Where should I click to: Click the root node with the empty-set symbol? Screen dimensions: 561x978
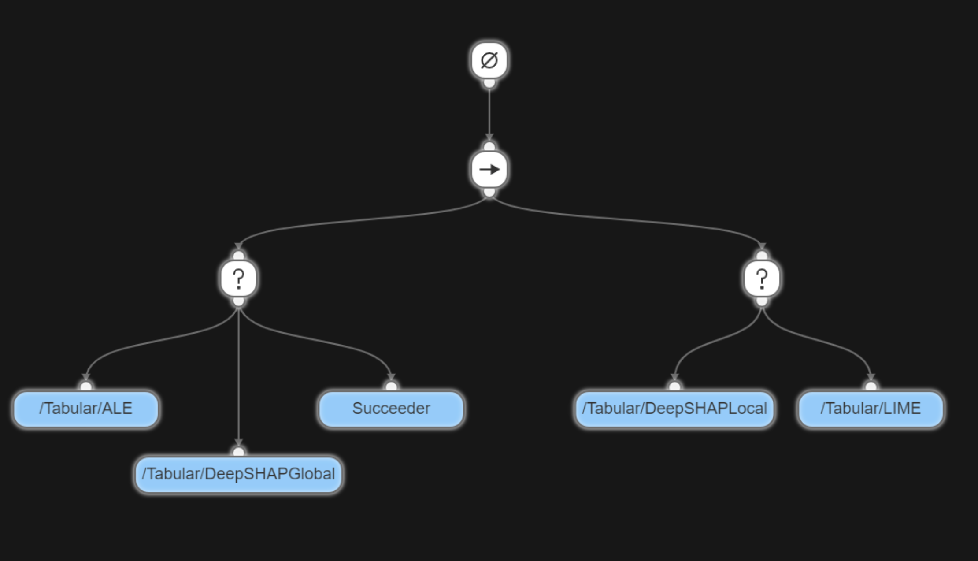tap(489, 60)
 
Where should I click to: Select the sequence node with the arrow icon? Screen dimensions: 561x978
tap(489, 169)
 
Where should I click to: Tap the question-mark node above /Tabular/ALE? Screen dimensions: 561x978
tap(238, 279)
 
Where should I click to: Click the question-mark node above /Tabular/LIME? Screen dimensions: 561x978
tap(762, 279)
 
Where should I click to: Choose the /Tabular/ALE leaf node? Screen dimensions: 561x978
tap(86, 409)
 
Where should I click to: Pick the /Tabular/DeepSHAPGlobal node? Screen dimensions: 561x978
tap(238, 474)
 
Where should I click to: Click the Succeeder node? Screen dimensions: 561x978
tap(391, 409)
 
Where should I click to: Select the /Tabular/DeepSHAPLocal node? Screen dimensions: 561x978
tap(674, 409)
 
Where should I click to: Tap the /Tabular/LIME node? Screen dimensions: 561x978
tap(871, 409)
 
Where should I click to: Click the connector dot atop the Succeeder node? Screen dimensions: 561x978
tap(391, 386)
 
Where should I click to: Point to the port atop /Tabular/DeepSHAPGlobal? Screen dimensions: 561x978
tap(238, 452)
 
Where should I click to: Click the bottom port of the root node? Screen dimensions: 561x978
tap(489, 83)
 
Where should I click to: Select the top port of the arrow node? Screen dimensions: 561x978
tap(489, 146)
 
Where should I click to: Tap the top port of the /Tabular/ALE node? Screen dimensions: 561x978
tap(86, 386)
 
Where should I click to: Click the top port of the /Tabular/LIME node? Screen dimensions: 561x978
tap(871, 386)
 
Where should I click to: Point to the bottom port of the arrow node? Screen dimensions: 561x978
tap(489, 192)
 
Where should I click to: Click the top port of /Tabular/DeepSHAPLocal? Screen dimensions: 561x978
tap(674, 386)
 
